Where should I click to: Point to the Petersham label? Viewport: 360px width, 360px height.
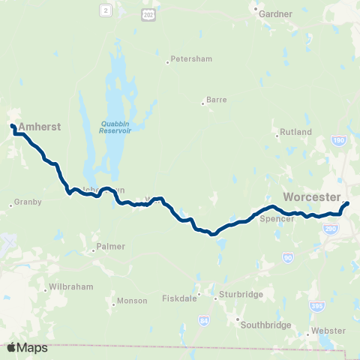pyautogui.click(x=187, y=58)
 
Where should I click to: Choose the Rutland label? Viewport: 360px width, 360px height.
pyautogui.click(x=295, y=133)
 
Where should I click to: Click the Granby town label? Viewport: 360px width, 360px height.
pyautogui.click(x=28, y=202)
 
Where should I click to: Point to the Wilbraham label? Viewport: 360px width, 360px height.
pyautogui.click(x=69, y=287)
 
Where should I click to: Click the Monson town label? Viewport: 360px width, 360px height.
pyautogui.click(x=126, y=302)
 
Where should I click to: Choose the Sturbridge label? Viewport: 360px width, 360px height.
pyautogui.click(x=241, y=295)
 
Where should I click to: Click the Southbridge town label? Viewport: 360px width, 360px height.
pyautogui.click(x=265, y=325)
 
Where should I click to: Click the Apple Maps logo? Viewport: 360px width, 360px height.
pyautogui.click(x=27, y=347)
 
